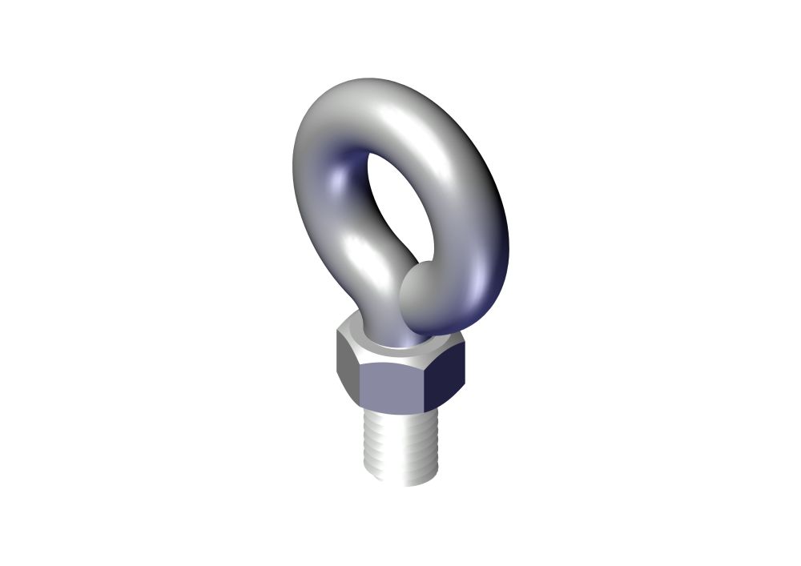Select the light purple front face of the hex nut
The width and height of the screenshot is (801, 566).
tap(392, 389)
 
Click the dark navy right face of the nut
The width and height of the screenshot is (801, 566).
tap(445, 380)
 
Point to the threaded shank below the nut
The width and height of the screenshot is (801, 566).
tap(400, 444)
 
